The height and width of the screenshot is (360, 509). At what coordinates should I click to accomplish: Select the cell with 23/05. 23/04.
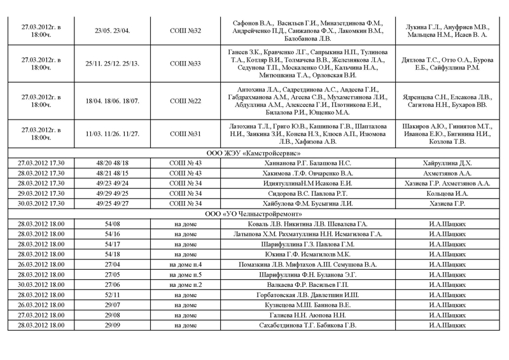tap(112, 31)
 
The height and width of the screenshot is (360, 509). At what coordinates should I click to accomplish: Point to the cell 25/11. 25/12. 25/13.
tap(112, 64)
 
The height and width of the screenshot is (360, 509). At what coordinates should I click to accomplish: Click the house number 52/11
tap(112, 295)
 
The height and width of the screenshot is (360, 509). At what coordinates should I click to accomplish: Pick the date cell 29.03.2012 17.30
tap(41, 193)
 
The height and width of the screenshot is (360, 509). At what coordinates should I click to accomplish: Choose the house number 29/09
tap(112, 326)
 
